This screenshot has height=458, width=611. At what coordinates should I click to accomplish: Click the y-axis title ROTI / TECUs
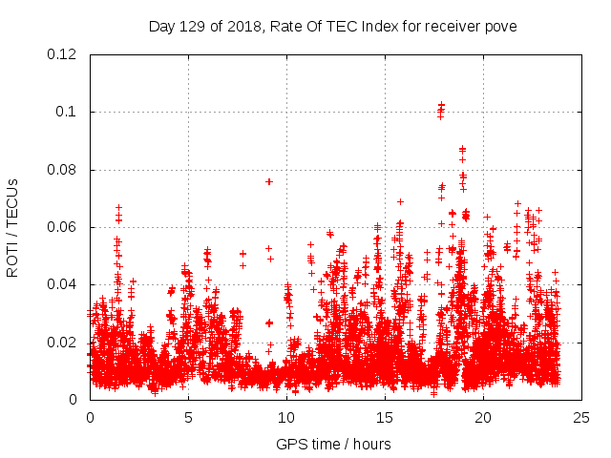point(12,227)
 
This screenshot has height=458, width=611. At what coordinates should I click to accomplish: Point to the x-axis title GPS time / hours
point(333,444)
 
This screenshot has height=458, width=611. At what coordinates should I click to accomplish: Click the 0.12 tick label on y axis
point(64,54)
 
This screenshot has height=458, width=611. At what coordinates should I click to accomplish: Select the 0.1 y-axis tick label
point(69,113)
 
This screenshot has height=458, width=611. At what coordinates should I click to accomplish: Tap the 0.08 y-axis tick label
point(64,170)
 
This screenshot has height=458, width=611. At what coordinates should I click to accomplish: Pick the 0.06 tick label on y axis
point(64,227)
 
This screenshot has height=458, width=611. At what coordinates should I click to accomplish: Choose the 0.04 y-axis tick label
point(64,284)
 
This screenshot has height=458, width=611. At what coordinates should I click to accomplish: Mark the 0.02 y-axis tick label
point(64,342)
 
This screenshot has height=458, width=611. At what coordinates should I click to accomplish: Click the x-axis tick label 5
point(188,417)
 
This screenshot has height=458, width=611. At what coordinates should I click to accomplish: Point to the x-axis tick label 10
point(286,417)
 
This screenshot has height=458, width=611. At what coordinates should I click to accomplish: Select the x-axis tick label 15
point(385,417)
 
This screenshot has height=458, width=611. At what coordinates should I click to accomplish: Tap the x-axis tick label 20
point(483,417)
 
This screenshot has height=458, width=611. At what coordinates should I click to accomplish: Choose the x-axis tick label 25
point(581,417)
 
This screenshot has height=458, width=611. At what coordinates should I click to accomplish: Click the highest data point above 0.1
point(441,104)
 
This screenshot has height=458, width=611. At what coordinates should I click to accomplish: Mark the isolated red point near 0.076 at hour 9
point(269,181)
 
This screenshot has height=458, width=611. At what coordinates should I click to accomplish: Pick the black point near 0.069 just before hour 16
point(400,201)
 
